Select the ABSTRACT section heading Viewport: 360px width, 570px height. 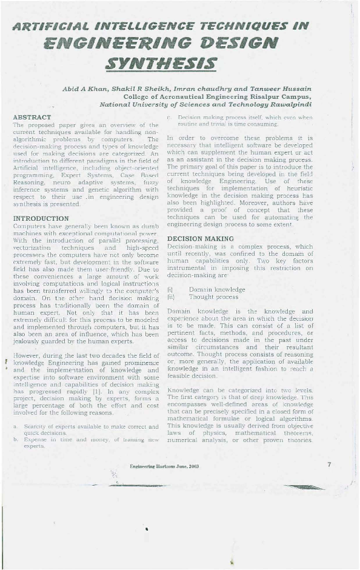pyautogui.click(x=32, y=116)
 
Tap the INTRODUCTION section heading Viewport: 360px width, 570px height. pyautogui.click(x=41, y=217)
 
